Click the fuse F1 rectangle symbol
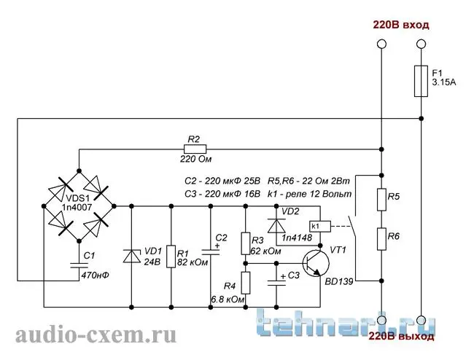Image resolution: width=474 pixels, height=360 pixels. (x=421, y=81)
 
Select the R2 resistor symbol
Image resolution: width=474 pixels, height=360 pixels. (x=195, y=149)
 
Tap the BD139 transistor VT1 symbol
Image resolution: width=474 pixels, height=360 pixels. (x=316, y=263)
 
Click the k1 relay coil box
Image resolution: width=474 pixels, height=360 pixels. (x=320, y=226)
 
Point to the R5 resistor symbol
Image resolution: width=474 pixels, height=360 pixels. (x=381, y=200)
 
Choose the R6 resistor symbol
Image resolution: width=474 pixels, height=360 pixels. (x=381, y=239)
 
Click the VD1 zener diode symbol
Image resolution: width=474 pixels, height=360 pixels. (x=131, y=256)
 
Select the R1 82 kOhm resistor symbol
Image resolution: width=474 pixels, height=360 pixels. (x=171, y=257)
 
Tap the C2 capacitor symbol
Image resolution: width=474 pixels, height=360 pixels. (x=211, y=252)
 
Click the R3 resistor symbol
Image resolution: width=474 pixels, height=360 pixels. (x=246, y=243)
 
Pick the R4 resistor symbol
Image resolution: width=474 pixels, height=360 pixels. (x=246, y=283)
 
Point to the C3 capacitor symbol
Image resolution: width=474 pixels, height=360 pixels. (x=276, y=282)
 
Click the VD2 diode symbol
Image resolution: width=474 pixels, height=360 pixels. (x=276, y=226)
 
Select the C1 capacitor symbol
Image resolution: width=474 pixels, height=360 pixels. (x=79, y=265)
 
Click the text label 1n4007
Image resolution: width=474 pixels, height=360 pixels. (x=77, y=207)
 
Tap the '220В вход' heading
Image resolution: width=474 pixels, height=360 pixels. (x=401, y=25)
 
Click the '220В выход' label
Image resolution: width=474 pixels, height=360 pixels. (x=402, y=336)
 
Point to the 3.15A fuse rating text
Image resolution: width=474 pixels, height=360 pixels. (x=444, y=82)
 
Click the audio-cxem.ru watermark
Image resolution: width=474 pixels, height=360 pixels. (x=96, y=335)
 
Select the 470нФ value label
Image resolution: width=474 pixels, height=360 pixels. (x=96, y=275)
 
